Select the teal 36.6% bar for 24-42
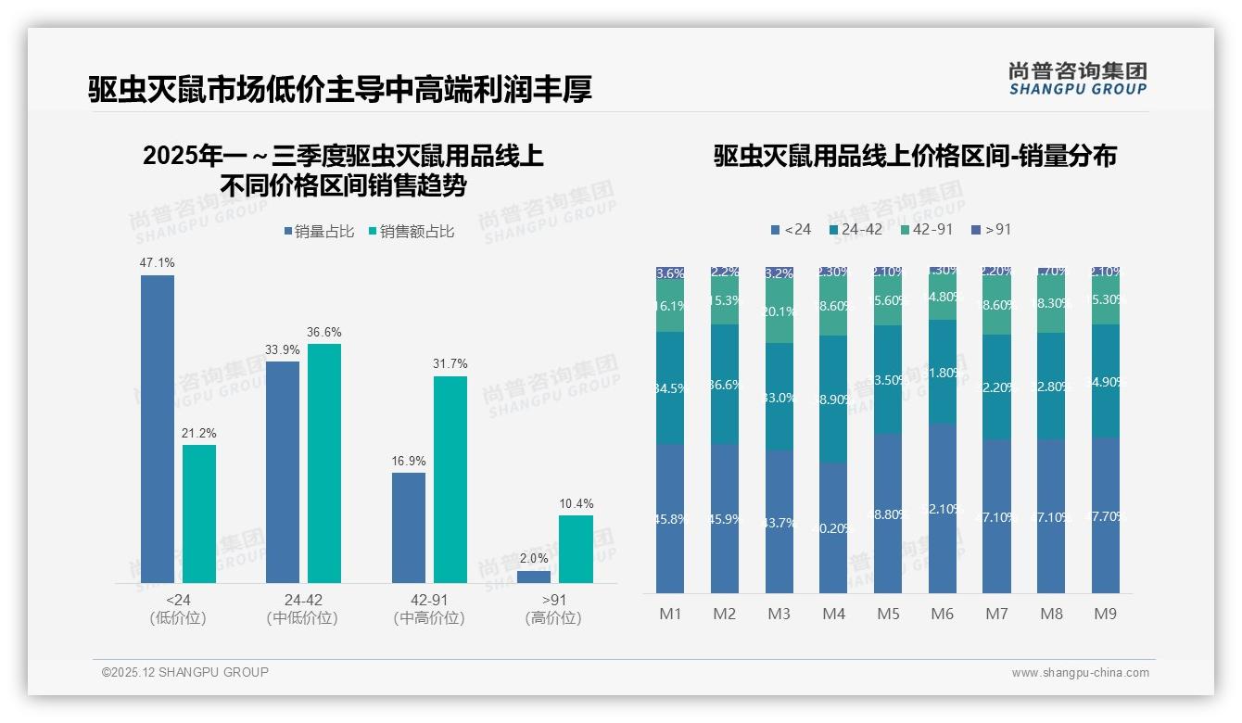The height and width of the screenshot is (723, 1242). (x=324, y=463)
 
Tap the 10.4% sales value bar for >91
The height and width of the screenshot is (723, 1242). (x=576, y=549)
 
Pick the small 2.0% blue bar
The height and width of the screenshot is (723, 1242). (x=534, y=577)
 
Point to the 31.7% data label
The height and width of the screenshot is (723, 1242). (x=450, y=363)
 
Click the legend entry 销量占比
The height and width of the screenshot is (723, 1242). (x=318, y=232)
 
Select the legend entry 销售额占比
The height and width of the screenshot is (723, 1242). (x=411, y=232)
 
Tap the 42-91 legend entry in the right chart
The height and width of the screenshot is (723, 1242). (x=928, y=229)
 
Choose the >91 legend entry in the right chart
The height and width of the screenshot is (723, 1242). (x=991, y=229)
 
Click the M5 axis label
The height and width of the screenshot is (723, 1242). (x=888, y=614)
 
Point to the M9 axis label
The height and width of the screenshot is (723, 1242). (x=1106, y=614)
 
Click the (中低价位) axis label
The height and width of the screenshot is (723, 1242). (x=301, y=618)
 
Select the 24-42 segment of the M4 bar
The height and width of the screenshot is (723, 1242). (x=833, y=399)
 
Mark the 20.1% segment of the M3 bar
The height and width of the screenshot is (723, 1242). (x=779, y=311)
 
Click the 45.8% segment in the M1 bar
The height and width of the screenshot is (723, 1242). (x=670, y=518)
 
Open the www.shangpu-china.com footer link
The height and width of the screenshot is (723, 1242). (x=1080, y=673)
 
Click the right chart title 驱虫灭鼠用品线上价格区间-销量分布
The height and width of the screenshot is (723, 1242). (x=915, y=156)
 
